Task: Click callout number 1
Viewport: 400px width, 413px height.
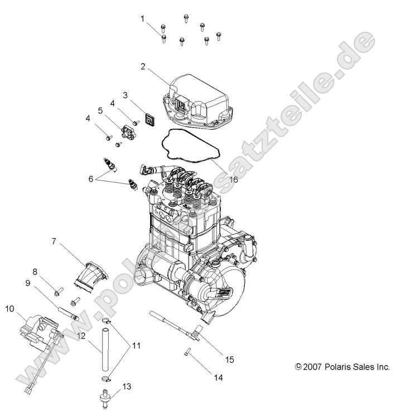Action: pos(142,19)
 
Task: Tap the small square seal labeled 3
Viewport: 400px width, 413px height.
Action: pos(150,120)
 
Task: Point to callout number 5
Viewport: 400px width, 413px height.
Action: pos(100,111)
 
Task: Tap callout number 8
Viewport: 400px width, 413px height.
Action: pos(35,272)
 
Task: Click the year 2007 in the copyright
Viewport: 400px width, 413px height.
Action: pos(315,367)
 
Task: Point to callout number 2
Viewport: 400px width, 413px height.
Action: pos(143,67)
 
